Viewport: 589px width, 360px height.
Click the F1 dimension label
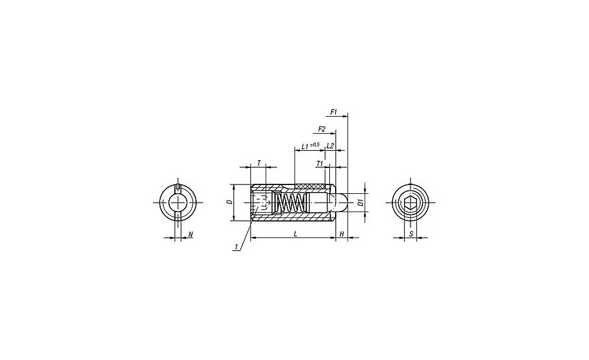point(333,111)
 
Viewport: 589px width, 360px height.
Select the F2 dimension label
point(322,129)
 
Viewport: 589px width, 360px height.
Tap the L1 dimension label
point(305,146)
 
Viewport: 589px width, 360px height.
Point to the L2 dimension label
point(330,146)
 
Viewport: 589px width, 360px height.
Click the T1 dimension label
point(320,163)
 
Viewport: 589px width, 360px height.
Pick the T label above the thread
point(259,163)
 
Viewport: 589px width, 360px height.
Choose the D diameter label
point(230,202)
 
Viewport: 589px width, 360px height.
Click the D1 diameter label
point(360,202)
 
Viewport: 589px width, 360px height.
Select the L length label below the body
point(296,234)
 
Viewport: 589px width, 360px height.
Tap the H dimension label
point(342,234)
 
